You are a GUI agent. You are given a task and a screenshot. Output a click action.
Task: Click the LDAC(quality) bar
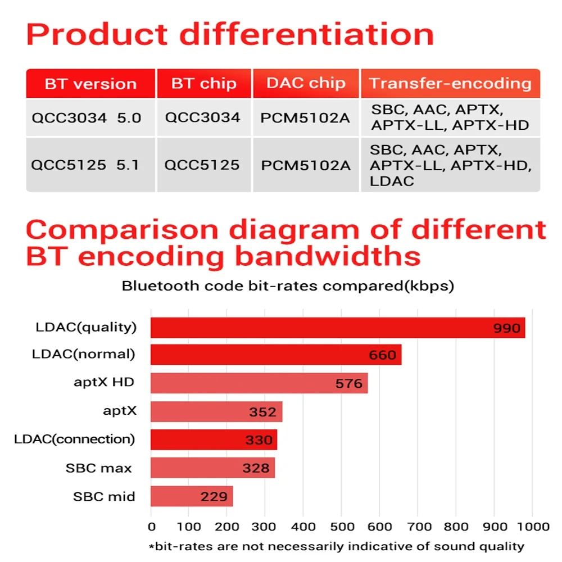[x=337, y=328]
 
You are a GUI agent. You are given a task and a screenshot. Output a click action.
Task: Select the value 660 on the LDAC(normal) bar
[x=383, y=355]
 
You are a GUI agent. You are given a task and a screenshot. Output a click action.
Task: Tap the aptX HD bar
[x=259, y=383]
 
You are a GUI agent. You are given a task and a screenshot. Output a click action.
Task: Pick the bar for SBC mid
[x=191, y=496]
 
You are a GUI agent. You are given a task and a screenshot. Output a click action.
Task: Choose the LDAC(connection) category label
[x=75, y=439]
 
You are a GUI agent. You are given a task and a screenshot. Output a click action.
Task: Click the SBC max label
[x=99, y=468]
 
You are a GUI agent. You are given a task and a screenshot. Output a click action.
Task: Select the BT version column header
[x=90, y=84]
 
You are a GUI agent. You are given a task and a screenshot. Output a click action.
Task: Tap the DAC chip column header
[x=306, y=83]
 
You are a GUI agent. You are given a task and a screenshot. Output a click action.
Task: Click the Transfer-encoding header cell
[x=450, y=84]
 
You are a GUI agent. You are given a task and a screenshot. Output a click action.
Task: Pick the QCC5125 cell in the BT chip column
[x=202, y=165]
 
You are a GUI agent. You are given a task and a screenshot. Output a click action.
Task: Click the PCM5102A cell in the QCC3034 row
[x=306, y=118]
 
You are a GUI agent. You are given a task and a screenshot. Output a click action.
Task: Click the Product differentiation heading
[x=230, y=35]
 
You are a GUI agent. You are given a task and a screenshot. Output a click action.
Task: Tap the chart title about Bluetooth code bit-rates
[x=288, y=286]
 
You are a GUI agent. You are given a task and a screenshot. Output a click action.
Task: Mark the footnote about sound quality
[x=336, y=546]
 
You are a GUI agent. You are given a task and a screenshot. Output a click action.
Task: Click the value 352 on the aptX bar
[x=263, y=412]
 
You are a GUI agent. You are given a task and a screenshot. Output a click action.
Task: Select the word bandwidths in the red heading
[x=328, y=256]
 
